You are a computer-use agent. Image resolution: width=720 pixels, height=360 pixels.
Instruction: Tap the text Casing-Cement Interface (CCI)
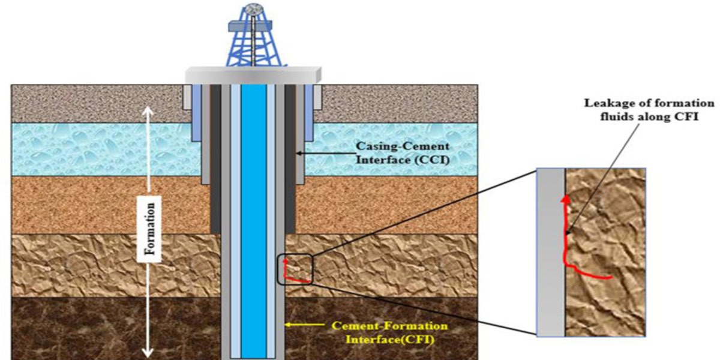403,152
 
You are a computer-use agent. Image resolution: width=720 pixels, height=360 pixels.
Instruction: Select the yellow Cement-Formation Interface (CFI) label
389,332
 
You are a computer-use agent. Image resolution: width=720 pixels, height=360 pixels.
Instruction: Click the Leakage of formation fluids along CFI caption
649,110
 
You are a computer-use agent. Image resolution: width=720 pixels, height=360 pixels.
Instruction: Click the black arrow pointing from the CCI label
325,154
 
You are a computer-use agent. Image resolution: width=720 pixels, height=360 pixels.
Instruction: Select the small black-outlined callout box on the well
295,269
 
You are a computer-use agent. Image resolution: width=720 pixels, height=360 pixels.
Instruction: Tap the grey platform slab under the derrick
253,76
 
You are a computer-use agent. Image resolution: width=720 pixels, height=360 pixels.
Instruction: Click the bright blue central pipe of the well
254,221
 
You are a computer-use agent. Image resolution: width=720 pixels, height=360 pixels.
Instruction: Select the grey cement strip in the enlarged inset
551,252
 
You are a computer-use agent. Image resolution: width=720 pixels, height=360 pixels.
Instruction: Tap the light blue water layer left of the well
103,149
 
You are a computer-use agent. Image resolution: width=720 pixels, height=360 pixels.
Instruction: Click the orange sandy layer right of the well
386,205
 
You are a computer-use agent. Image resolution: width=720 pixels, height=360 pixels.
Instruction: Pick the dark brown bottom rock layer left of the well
116,328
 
